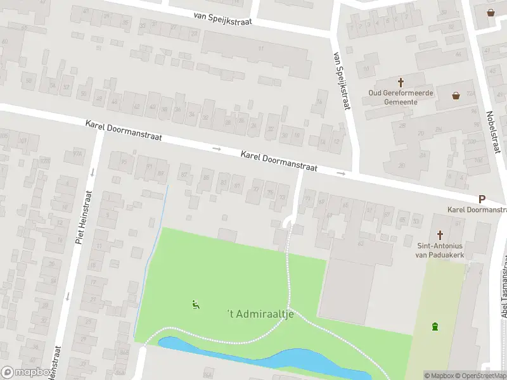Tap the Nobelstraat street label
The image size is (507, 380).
[490, 132]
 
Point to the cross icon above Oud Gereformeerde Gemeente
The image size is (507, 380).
[401, 82]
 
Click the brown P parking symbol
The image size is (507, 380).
[482, 199]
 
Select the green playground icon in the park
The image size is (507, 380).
[195, 305]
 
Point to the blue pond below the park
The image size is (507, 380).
[266, 358]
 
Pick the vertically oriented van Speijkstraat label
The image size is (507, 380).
[340, 80]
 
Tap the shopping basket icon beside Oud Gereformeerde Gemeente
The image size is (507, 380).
[456, 96]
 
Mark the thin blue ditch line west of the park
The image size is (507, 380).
[151, 253]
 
